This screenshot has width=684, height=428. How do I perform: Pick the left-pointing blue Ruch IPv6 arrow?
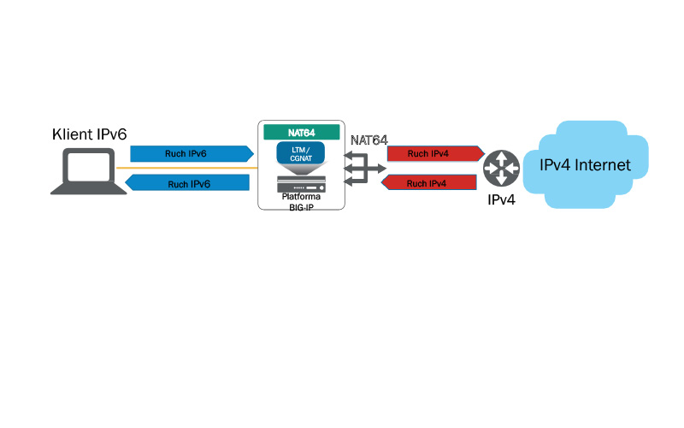(189, 183)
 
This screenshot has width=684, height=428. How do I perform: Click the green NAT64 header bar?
(300, 133)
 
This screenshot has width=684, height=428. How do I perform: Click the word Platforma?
(300, 197)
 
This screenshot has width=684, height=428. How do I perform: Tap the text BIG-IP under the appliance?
(301, 206)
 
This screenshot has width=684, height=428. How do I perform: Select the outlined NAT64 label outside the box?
(369, 139)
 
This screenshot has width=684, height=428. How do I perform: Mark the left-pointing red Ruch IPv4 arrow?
(427, 183)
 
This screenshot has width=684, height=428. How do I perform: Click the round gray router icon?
(500, 168)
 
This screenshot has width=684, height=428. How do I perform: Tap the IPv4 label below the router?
(501, 201)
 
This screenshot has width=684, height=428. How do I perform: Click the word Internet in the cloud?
(603, 165)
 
